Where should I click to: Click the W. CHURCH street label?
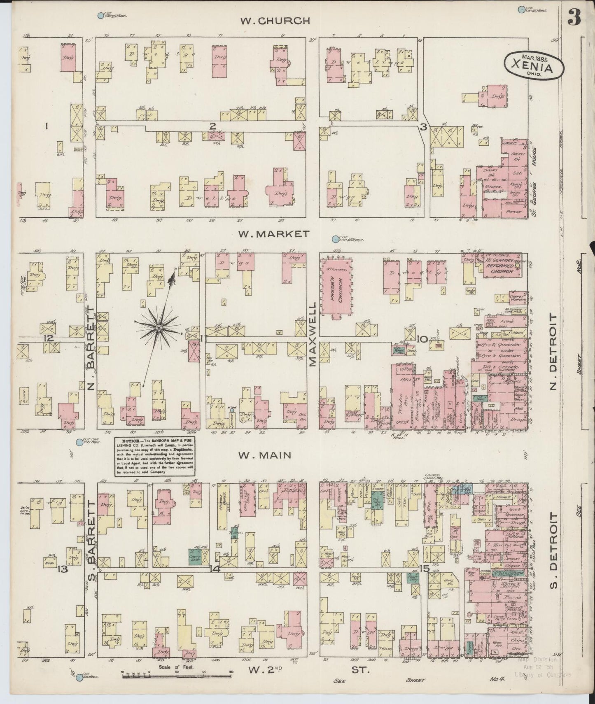[275, 21]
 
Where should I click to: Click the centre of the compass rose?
[159, 327]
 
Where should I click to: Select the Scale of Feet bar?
[176, 675]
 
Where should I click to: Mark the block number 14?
[215, 569]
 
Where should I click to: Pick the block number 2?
[212, 127]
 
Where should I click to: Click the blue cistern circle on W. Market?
[335, 238]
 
